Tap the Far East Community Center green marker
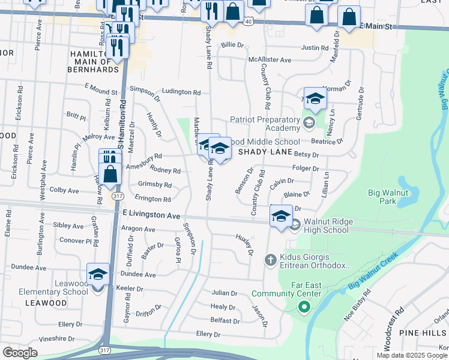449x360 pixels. [x=304, y=308]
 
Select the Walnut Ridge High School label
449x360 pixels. [x=327, y=226]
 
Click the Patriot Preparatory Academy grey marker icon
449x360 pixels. [x=309, y=124]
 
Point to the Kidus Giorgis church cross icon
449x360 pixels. [x=270, y=260]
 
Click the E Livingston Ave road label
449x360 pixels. [x=151, y=214]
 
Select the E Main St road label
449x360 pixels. [x=375, y=27]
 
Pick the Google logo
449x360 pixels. [x=20, y=352]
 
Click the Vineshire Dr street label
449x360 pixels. [x=56, y=339]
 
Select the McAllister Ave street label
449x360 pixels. [x=270, y=60]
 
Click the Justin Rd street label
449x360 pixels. [x=315, y=48]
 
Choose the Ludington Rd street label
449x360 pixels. [x=181, y=92]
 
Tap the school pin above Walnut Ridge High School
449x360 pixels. [x=280, y=216]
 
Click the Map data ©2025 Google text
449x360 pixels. [x=412, y=355]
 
